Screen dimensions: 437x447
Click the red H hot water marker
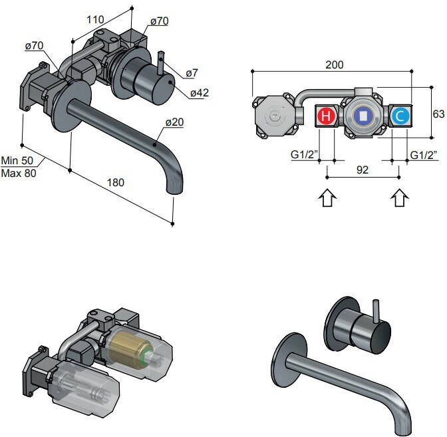tap(326, 116)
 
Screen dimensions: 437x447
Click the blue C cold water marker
tap(400, 116)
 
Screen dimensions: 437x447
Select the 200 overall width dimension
tap(335, 65)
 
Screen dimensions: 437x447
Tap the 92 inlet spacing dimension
tap(363, 170)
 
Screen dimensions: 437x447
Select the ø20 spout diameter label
tap(174, 122)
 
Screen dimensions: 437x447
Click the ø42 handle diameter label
tap(199, 93)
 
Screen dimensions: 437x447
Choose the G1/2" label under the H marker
tap(305, 155)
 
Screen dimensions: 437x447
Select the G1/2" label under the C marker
tap(424, 155)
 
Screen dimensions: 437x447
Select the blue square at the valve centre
tap(362, 116)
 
